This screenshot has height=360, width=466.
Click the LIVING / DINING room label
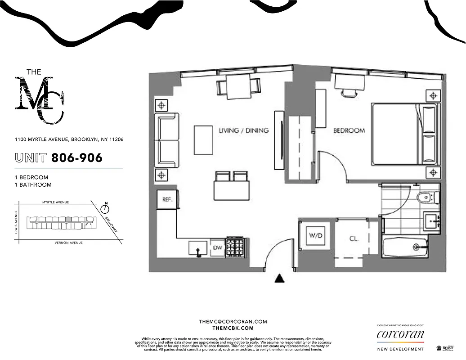click(243, 130)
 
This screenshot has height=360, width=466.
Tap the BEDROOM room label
click(349, 130)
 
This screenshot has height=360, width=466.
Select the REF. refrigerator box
click(167, 199)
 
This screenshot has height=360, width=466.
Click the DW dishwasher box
click(217, 247)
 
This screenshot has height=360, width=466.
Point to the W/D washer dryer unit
click(315, 235)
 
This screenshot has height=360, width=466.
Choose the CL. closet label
click(354, 238)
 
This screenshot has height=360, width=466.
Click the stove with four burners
click(235, 247)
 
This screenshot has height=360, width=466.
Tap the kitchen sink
click(198, 248)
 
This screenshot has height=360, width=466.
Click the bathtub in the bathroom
click(409, 247)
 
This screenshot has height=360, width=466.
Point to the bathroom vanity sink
click(431, 222)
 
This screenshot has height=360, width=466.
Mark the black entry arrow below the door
click(280, 279)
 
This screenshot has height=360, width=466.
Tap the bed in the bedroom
click(403, 134)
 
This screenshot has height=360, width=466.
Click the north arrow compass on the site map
click(105, 208)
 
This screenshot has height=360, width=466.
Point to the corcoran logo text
click(400, 334)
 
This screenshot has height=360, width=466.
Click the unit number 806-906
click(77, 158)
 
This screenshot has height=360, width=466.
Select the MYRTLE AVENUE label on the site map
click(55, 202)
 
